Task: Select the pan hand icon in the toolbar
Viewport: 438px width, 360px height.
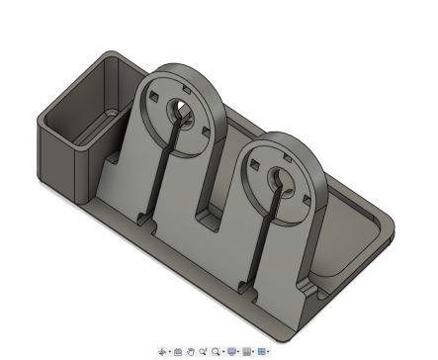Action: click(190, 351)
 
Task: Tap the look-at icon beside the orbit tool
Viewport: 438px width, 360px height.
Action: click(178, 351)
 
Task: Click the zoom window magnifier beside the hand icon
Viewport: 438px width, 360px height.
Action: click(202, 351)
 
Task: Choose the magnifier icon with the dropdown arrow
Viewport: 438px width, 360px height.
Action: click(216, 351)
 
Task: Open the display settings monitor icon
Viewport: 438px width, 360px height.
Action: click(232, 351)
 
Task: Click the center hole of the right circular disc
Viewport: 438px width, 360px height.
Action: click(277, 176)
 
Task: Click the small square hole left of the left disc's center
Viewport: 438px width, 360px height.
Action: click(155, 96)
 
